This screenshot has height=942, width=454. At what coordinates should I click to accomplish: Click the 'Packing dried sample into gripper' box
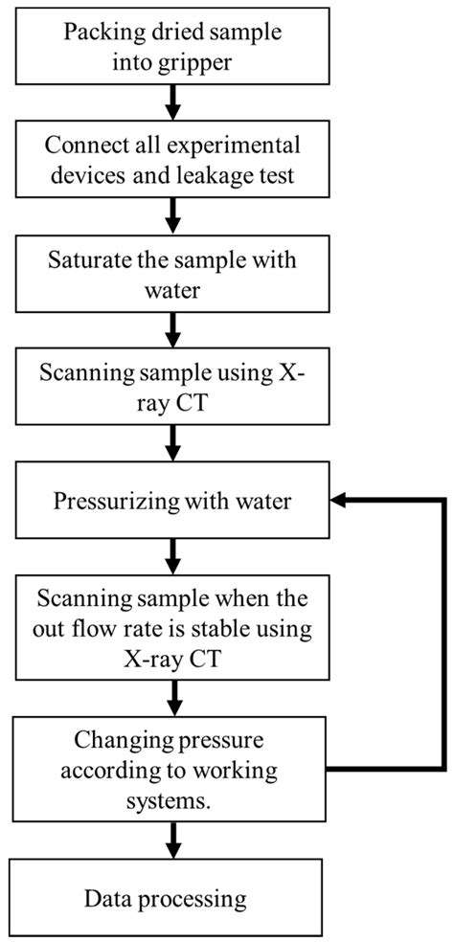point(171,44)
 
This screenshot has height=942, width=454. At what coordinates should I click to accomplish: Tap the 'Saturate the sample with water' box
point(171,273)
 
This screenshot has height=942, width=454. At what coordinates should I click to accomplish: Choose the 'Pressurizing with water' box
point(171,502)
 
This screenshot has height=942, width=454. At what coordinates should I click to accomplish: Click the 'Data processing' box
point(171,899)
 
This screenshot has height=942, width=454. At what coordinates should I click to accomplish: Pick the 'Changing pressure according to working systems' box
point(171,771)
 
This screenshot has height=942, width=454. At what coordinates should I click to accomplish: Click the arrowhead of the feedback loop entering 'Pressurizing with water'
point(338,501)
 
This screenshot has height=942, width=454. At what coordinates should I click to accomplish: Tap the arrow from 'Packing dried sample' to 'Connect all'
point(171,101)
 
